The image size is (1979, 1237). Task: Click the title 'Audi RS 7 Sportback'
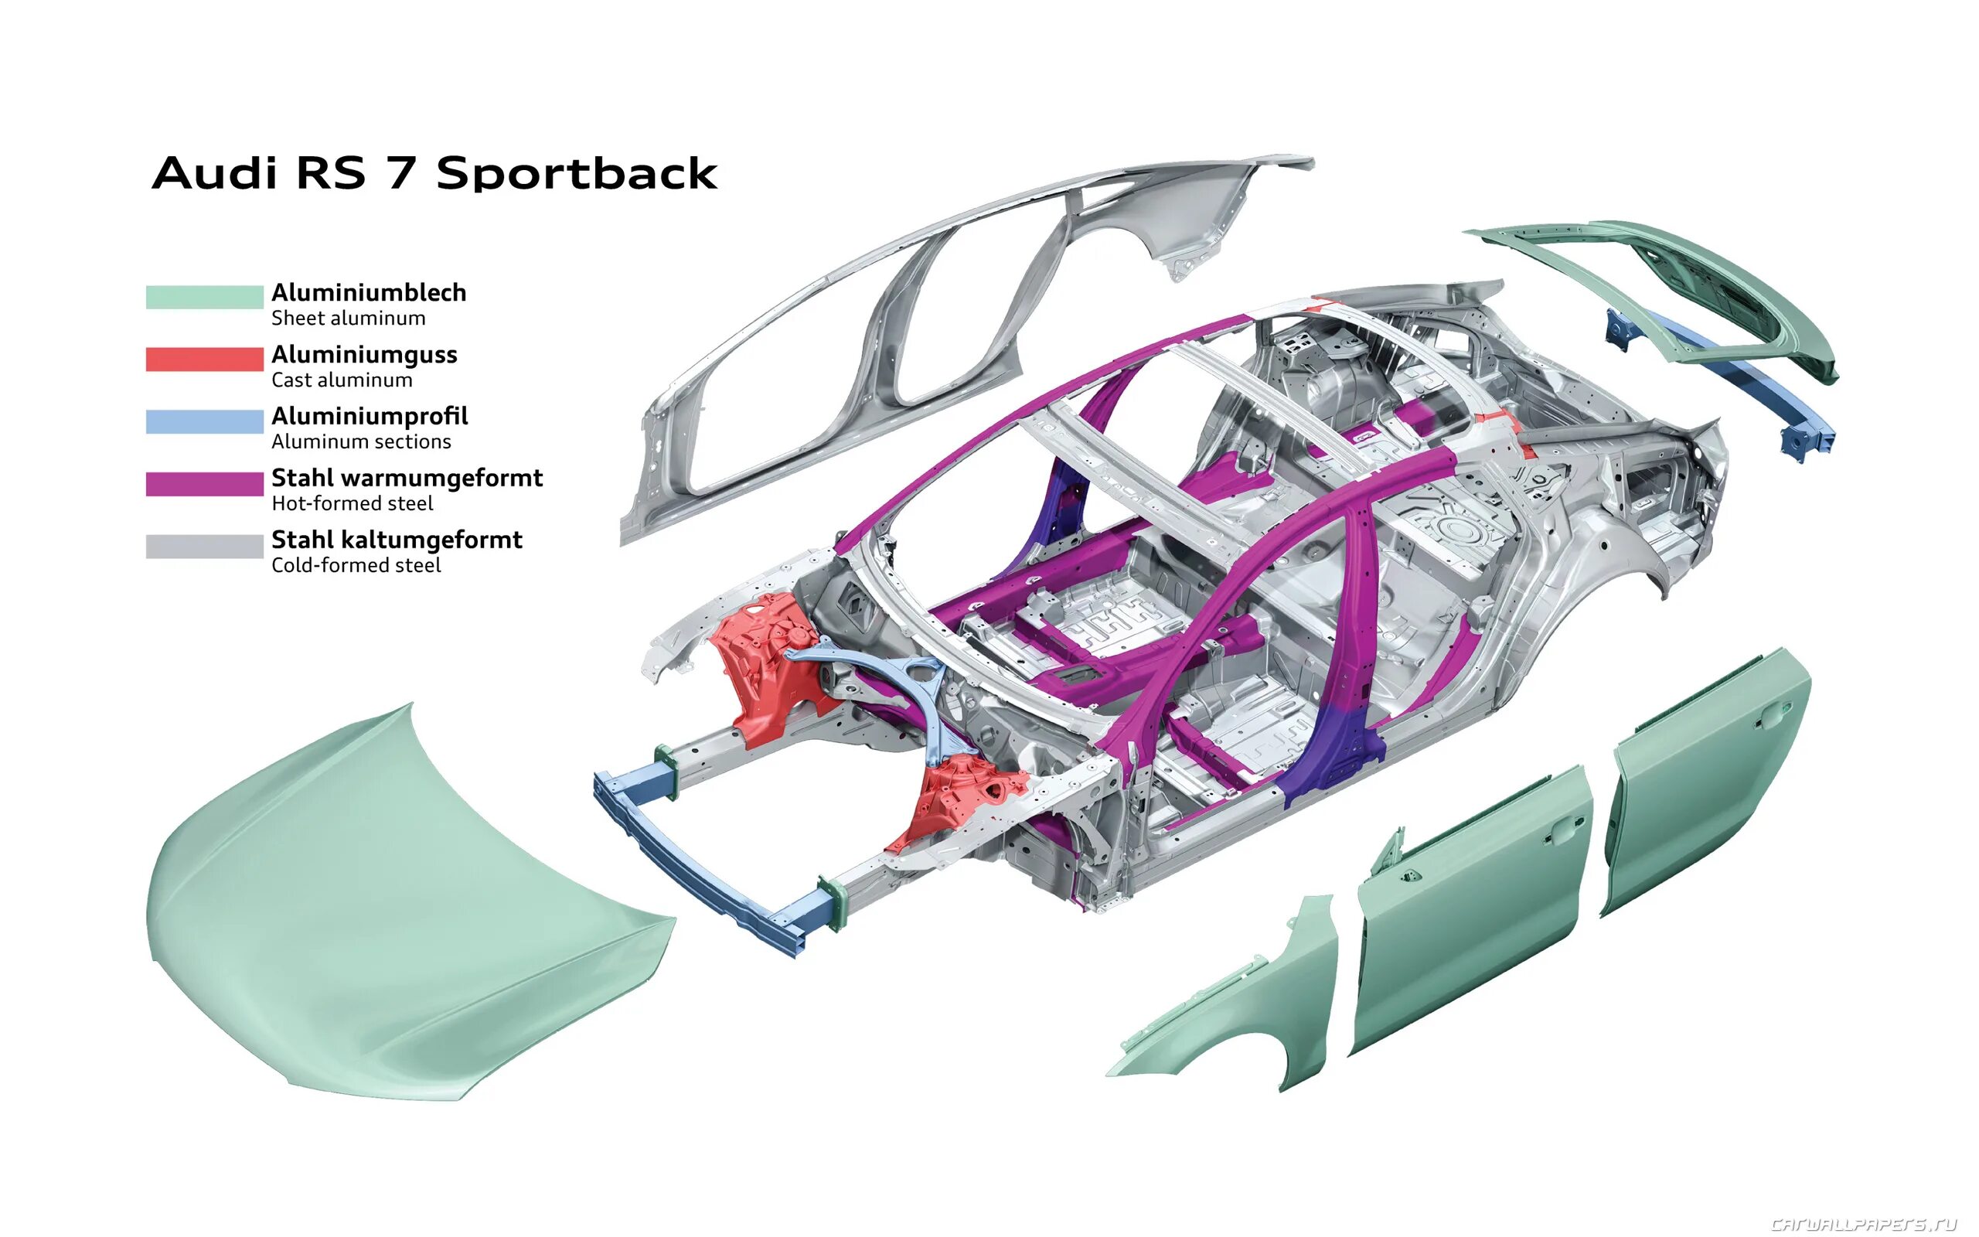[x=434, y=173]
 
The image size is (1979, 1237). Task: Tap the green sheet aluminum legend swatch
[x=204, y=297]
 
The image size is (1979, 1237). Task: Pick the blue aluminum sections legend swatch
[x=204, y=421]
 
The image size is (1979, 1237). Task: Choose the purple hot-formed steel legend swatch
[x=204, y=483]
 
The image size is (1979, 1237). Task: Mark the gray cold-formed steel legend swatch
[x=204, y=546]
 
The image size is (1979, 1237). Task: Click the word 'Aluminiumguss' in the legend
[x=364, y=354]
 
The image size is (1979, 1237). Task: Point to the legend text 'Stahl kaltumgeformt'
[x=397, y=539]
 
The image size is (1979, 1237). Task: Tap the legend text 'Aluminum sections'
[x=361, y=441]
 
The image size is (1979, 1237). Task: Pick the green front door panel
[x=1472, y=908]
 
